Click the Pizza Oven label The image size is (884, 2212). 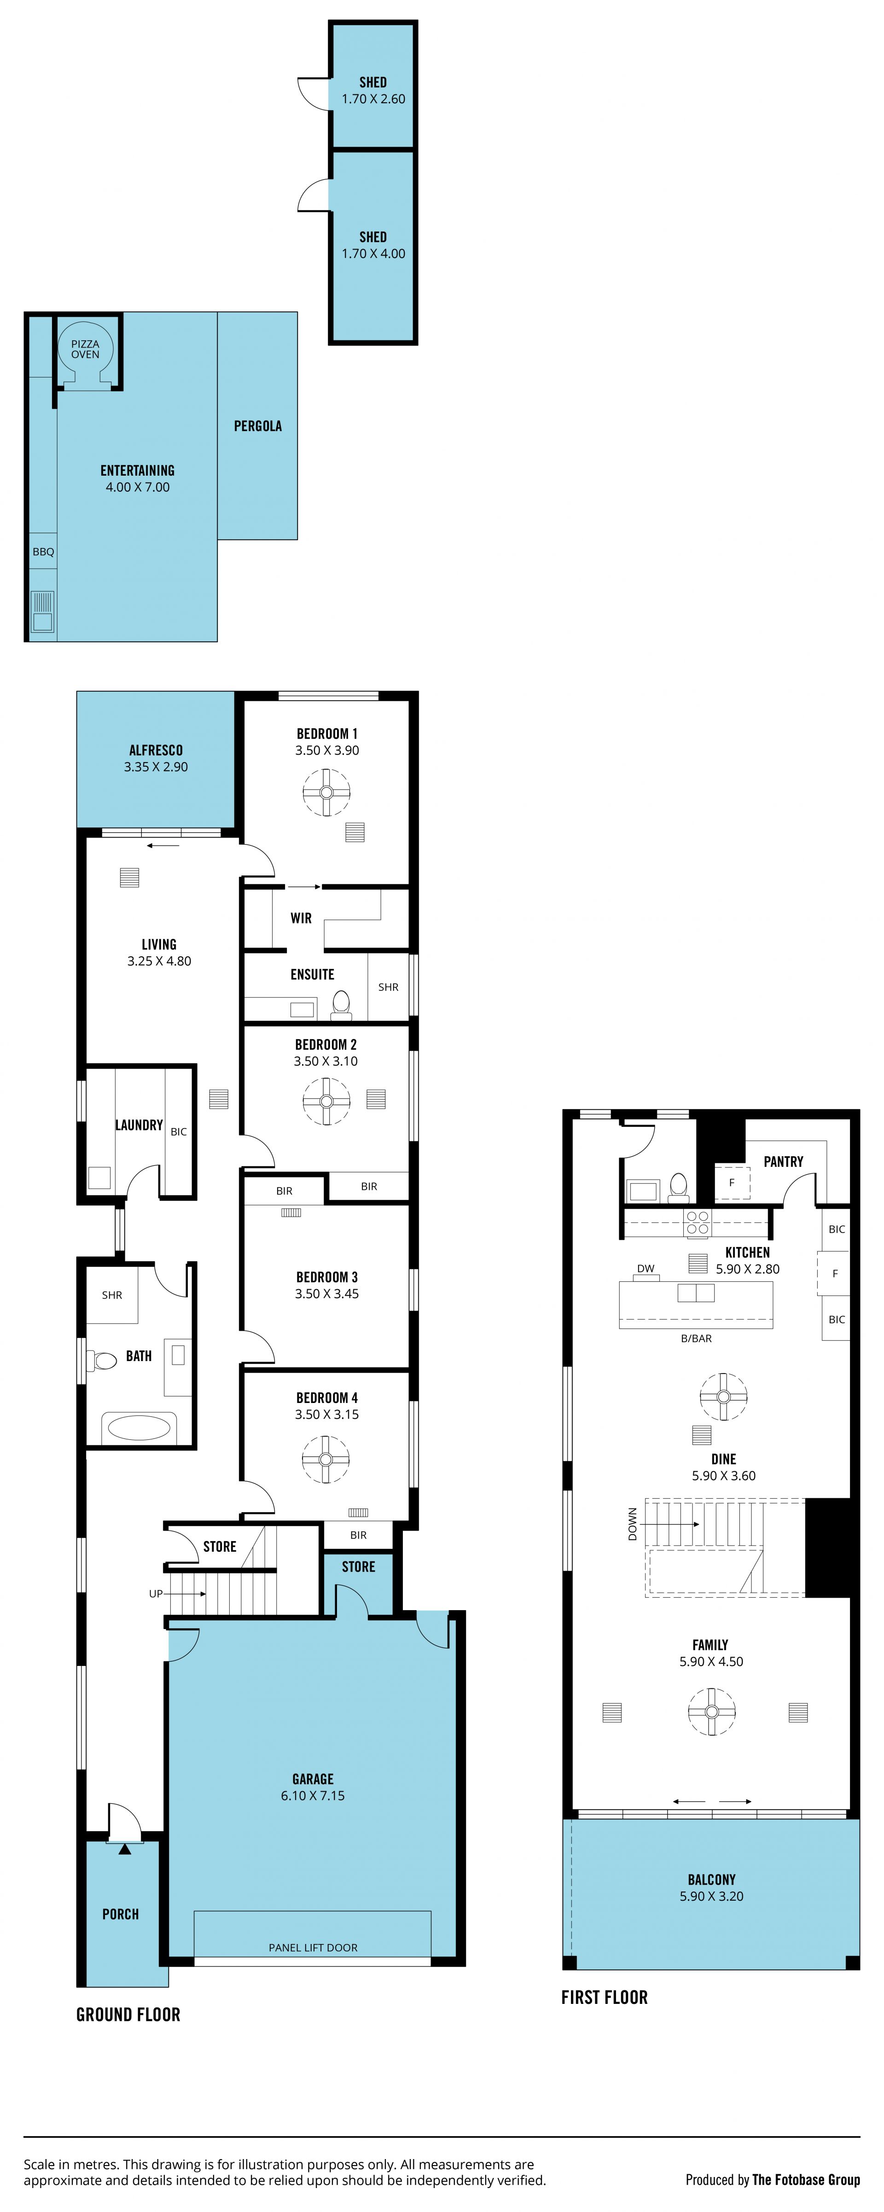coord(85,349)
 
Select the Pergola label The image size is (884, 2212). coord(257,426)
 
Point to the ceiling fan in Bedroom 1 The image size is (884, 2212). coord(326,792)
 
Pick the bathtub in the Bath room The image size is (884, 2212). coord(139,1427)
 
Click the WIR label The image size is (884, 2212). coord(301,918)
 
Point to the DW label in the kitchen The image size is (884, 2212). coord(646,1268)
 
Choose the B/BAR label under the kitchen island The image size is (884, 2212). coord(696,1338)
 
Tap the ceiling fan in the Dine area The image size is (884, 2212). coord(723,1396)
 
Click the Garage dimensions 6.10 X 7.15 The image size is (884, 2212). coord(313,1796)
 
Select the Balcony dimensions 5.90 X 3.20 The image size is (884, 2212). coord(711,1896)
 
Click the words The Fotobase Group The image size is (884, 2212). coord(806,2179)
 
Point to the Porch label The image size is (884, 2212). coord(120,1914)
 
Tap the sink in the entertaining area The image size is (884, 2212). coord(42,611)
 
